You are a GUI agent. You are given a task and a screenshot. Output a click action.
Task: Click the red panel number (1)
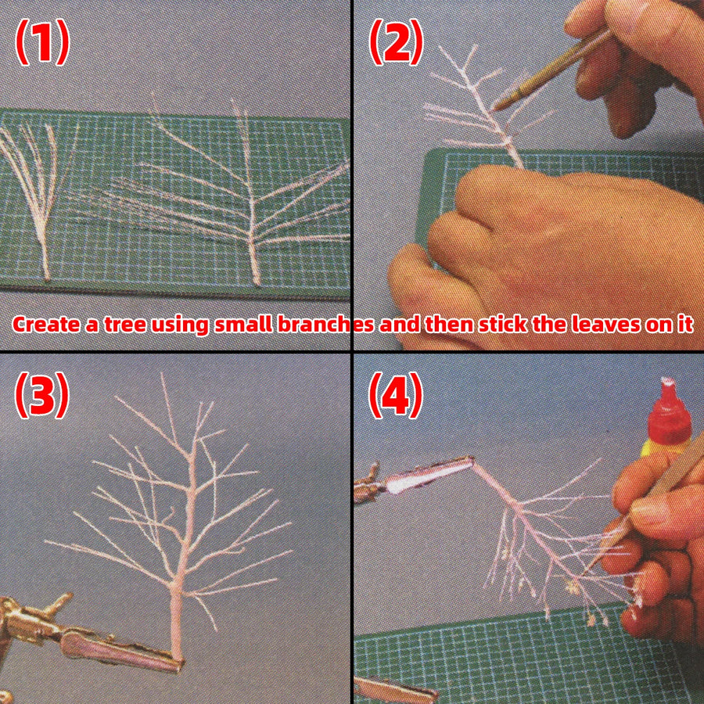tap(42, 42)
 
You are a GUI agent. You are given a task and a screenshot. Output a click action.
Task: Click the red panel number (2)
tap(396, 42)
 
